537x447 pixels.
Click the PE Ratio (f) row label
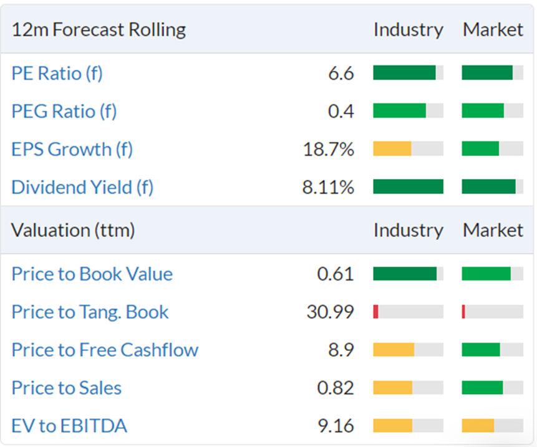point(57,73)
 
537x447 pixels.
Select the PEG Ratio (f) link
point(64,111)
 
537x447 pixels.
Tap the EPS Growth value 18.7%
point(329,149)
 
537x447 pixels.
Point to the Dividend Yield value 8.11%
point(328,187)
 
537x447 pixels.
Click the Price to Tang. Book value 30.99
point(330,312)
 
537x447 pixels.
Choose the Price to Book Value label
point(92,274)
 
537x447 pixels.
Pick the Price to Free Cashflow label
point(105,350)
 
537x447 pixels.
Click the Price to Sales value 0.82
point(336,388)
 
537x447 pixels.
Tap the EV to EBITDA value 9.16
point(336,426)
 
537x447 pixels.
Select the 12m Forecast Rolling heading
point(99,29)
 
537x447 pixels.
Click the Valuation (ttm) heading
point(73,230)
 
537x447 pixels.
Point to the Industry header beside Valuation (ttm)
point(409,230)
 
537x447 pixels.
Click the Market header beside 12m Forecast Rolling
point(493,29)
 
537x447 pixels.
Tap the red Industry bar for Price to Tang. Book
point(375,312)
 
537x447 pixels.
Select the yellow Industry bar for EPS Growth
point(392,148)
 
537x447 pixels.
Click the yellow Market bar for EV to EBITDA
point(478,425)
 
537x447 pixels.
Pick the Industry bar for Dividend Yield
point(409,186)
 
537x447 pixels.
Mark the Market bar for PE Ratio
point(487,72)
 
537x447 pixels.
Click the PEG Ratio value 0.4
point(341,111)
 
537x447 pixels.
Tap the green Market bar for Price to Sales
point(482,387)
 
